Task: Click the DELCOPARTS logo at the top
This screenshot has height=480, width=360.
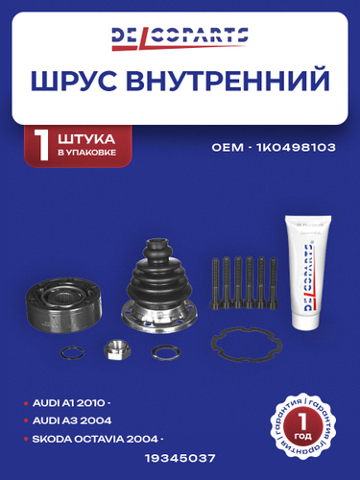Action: click(180, 38)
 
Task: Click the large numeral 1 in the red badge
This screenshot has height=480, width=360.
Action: click(42, 145)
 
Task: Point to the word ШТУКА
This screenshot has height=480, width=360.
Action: click(86, 139)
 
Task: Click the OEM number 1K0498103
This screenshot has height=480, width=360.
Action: click(296, 148)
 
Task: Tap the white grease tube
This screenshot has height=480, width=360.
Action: click(307, 273)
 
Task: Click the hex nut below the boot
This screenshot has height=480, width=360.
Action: click(113, 349)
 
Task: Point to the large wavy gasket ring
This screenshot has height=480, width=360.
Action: click(247, 345)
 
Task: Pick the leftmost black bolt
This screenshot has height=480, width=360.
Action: click(215, 283)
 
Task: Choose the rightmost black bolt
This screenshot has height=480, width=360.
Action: click(273, 283)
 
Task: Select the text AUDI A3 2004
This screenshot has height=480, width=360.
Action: click(72, 420)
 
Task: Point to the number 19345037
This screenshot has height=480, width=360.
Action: click(180, 458)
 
